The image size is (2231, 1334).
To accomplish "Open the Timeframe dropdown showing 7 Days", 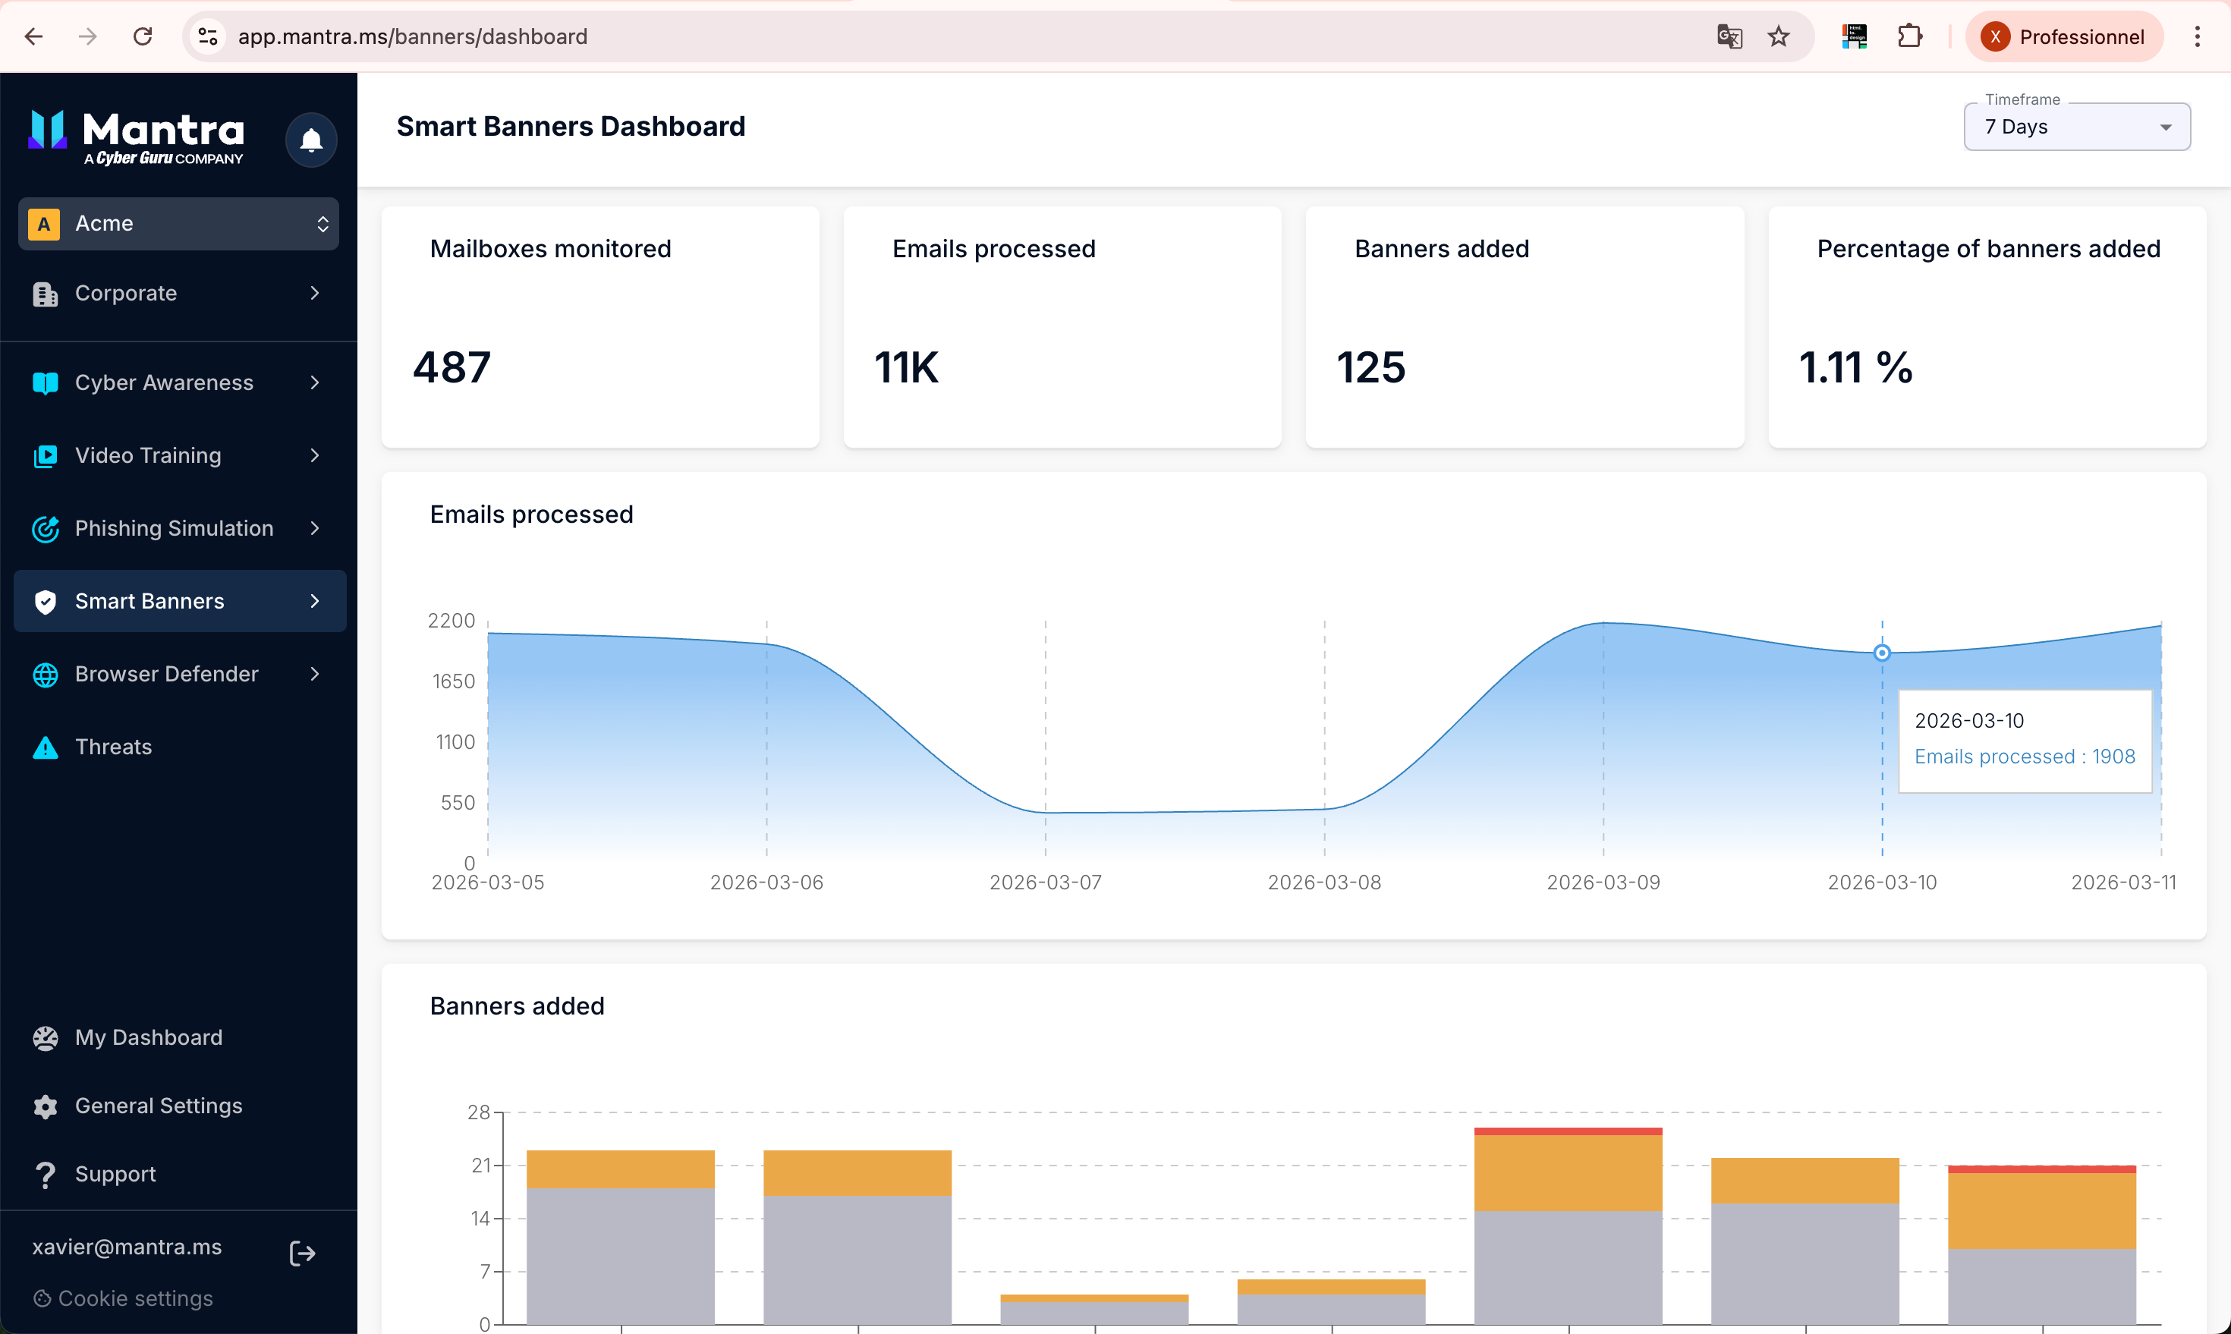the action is tap(2076, 127).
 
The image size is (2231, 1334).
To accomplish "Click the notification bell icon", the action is tap(311, 140).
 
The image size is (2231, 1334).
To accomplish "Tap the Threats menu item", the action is tap(113, 746).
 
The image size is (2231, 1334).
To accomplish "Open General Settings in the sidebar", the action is tap(158, 1105).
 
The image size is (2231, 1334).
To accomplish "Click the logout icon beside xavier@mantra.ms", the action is tap(303, 1253).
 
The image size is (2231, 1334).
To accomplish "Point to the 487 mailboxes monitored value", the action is tap(452, 367).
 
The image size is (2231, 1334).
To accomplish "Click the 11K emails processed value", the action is tap(906, 367).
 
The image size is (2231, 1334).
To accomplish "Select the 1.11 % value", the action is tap(1855, 367).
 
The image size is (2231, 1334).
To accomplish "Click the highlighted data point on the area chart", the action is tap(1881, 653).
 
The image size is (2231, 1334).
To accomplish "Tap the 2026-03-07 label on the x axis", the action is tap(1046, 882).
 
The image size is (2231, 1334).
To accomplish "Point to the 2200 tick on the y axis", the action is tap(452, 620).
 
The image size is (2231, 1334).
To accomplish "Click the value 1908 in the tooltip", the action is tap(2113, 756).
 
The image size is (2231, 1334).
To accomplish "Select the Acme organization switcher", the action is tap(179, 224).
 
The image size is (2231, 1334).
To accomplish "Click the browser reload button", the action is tap(142, 36).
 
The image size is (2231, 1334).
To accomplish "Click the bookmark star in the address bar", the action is tap(1779, 36).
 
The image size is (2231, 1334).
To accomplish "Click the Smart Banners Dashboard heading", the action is tap(571, 126).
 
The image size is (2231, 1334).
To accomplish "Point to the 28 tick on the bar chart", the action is tap(478, 1112).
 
